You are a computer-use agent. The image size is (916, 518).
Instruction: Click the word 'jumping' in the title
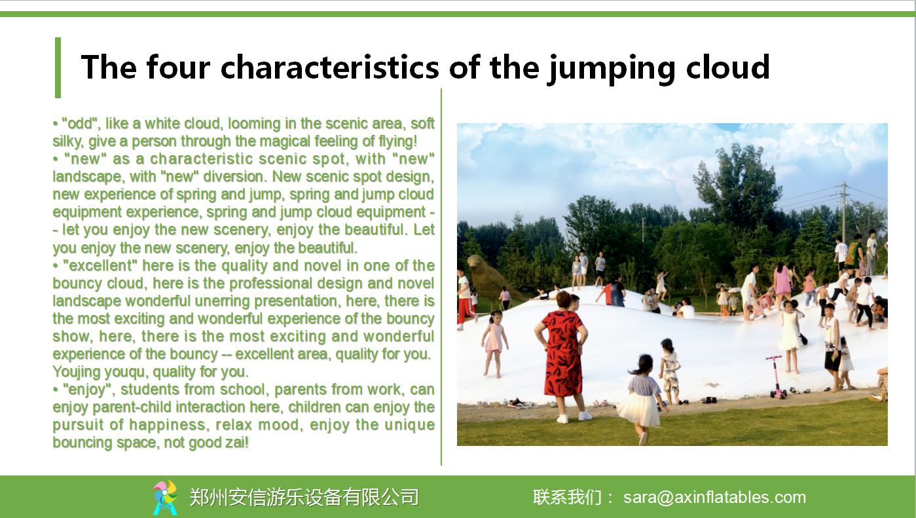(612, 68)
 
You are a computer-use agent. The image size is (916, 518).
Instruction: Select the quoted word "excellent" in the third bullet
(100, 265)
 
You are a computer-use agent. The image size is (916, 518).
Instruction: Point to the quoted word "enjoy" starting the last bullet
(86, 390)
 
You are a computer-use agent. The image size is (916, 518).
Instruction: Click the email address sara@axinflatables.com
(714, 497)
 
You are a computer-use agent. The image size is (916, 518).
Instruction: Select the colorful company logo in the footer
(165, 497)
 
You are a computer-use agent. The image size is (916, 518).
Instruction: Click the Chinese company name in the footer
(304, 497)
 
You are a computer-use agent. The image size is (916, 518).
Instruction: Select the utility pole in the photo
(843, 213)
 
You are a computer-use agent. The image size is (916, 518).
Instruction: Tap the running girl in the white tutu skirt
(640, 399)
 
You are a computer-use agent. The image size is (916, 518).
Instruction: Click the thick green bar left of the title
(58, 68)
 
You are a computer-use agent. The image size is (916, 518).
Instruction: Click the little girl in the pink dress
(494, 342)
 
